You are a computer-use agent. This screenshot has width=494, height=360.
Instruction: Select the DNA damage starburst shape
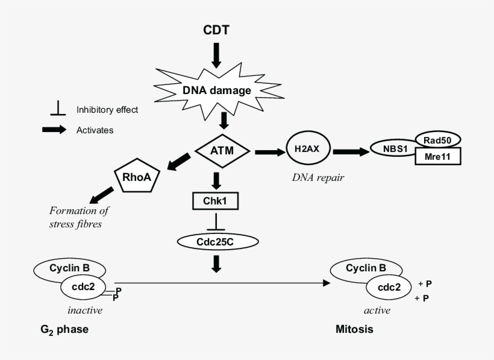(217, 90)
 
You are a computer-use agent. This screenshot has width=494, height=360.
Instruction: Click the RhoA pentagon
(137, 177)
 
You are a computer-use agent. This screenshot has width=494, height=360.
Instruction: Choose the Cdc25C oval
(217, 241)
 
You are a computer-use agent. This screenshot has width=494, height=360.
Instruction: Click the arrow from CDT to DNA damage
(217, 55)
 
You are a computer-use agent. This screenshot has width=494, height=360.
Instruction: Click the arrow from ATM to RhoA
(178, 163)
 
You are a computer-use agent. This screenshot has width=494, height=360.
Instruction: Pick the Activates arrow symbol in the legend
(55, 130)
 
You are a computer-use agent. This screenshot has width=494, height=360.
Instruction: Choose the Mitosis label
(354, 330)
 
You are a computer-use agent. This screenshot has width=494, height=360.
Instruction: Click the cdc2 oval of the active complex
(389, 288)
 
